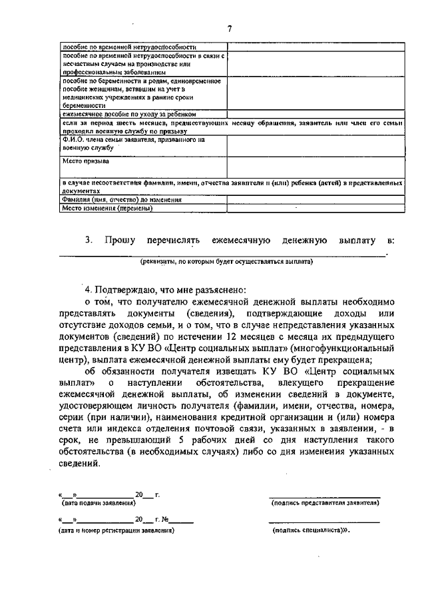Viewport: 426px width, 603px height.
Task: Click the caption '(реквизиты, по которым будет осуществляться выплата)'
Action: [226, 262]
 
